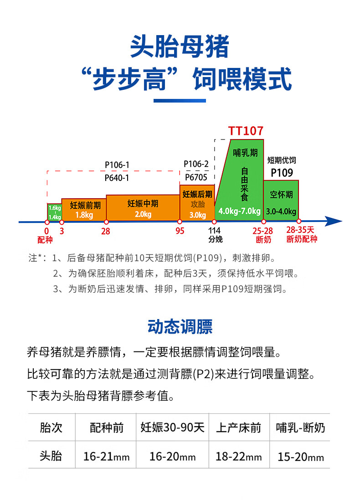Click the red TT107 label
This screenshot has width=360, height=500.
[246, 131]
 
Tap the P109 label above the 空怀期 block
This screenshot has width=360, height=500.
[282, 173]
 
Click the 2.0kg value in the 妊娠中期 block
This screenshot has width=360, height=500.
[143, 214]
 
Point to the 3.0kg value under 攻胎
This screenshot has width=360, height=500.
[198, 215]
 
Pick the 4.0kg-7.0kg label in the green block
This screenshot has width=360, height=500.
[239, 211]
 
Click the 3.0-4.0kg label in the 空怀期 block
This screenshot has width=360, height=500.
[281, 211]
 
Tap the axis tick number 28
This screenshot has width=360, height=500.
[106, 231]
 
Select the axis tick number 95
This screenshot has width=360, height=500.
[180, 231]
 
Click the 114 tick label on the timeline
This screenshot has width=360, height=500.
[214, 231]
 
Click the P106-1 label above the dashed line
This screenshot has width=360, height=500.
[117, 165]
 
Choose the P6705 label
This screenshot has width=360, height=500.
[196, 177]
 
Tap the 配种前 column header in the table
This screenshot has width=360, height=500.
[107, 428]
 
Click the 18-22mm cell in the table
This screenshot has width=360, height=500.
[239, 456]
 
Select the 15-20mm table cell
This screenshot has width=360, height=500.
[301, 456]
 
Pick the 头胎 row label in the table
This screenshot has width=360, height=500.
[51, 456]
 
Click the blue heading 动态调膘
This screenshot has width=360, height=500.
[180, 327]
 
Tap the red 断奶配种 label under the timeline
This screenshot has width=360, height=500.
[302, 239]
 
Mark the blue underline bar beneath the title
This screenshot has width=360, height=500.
[180, 101]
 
